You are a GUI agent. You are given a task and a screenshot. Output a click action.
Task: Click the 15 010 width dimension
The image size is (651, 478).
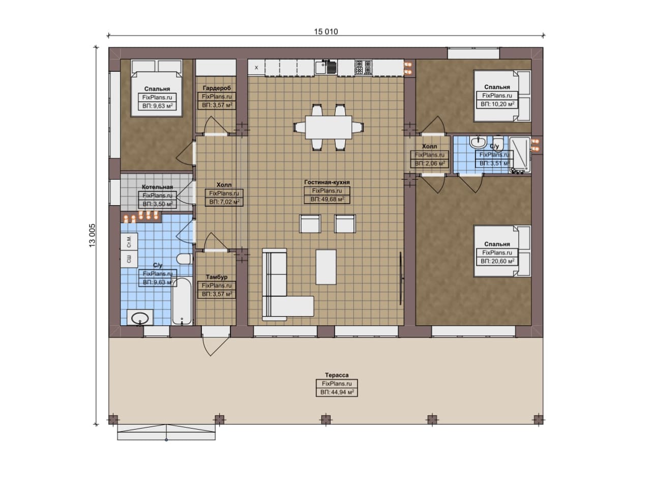326,32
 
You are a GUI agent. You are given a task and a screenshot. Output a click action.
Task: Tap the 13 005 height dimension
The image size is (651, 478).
92,235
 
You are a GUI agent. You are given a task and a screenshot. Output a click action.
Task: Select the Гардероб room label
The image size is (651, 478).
217,88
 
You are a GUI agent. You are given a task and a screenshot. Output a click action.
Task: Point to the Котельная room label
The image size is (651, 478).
157,187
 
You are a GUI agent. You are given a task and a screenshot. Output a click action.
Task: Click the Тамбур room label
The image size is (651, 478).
217,277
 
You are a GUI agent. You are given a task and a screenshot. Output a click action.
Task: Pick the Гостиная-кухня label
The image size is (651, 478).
327,182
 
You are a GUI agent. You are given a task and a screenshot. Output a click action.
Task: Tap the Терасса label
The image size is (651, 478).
337,375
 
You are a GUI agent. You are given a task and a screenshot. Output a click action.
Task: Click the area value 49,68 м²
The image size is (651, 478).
327,199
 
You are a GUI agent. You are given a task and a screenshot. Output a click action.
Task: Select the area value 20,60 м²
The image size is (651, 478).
497,261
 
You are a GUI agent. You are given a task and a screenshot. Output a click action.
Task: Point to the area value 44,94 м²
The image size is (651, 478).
337,392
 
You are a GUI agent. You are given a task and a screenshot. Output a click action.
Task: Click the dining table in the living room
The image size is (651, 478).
329,127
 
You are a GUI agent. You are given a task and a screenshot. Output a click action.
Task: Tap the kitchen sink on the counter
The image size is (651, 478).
320,67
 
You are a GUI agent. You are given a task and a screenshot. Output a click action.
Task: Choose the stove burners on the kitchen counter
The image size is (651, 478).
364,68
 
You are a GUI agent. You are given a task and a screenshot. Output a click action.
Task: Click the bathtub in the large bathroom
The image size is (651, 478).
182,301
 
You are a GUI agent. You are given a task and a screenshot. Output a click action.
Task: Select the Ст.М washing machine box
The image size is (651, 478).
129,242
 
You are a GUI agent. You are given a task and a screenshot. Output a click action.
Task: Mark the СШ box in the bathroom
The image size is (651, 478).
129,259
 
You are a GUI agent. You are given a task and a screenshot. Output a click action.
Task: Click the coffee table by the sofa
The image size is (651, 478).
326,267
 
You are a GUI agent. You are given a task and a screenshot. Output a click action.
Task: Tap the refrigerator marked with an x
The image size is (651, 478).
256,68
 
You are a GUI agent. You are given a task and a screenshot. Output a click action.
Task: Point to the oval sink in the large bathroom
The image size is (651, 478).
140,318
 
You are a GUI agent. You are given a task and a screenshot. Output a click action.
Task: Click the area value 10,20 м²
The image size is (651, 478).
497,104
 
